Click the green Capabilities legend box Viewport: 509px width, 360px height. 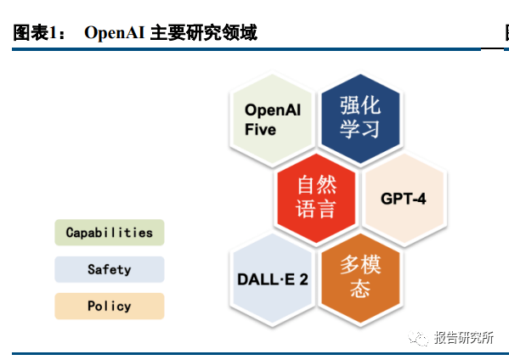tap(110, 232)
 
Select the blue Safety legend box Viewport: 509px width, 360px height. tap(110, 269)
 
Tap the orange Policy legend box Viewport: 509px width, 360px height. tap(110, 306)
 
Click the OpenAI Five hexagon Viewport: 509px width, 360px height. tap(272, 119)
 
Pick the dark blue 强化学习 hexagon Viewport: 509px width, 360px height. tap(360, 119)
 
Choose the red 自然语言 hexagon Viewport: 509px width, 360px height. tap(316, 198)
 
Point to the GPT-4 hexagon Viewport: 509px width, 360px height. tap(404, 198)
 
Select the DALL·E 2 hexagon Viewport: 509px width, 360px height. tap(272, 278)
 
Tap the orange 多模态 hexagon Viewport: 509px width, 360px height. tap(360, 278)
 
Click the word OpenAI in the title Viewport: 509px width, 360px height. tap(114, 33)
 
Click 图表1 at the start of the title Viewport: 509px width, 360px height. tap(36, 33)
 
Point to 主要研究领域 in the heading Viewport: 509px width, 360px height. tap(204, 33)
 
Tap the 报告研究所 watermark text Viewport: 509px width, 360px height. tap(464, 338)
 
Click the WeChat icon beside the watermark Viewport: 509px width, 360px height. tap(418, 338)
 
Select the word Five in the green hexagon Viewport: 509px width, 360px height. tap(260, 129)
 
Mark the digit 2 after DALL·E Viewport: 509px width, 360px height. tap(303, 279)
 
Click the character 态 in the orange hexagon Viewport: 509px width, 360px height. tap(360, 289)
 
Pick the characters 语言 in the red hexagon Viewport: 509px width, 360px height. tap(315, 209)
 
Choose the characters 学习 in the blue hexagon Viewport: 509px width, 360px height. tap(359, 129)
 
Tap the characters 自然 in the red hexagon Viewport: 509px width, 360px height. tap(317, 185)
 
